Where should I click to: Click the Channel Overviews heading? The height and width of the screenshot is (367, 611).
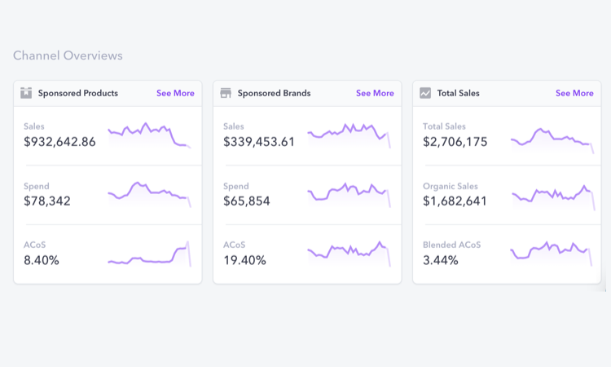pos(68,55)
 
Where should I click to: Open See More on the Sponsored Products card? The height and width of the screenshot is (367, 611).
pos(175,93)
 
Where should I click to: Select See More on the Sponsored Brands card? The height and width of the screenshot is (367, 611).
pos(375,93)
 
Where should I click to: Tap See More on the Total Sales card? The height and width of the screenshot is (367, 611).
pos(574,93)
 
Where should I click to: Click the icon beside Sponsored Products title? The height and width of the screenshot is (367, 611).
pos(26,93)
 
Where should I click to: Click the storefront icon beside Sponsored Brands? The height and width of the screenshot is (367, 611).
pos(226,93)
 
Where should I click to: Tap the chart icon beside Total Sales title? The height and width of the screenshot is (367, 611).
pos(425,93)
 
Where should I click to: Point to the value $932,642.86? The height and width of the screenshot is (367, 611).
pos(59,142)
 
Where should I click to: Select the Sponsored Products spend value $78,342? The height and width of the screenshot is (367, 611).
pos(47,201)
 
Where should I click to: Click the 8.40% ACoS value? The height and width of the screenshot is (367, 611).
pos(42,260)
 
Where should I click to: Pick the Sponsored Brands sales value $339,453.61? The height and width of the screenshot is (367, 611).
pos(259,142)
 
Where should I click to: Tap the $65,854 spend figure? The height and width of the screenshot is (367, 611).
pos(247,201)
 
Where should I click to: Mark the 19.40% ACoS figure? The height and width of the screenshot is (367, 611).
pos(244,260)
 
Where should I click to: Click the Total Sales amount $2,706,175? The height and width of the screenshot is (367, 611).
pos(455,142)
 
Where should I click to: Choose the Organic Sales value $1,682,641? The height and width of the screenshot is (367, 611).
pos(455,201)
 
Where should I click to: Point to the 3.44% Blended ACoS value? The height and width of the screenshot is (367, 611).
pos(441,260)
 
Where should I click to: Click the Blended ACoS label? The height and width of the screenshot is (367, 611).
pos(452,245)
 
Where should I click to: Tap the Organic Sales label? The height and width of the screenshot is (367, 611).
pos(451,186)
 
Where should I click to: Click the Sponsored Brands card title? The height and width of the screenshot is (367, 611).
pos(274,93)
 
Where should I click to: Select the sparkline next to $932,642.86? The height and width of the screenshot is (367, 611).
pos(148,134)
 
